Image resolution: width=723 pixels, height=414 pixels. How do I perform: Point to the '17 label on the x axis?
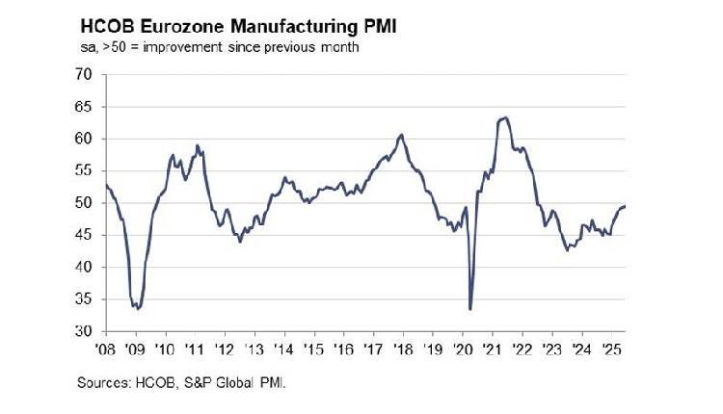[372, 348]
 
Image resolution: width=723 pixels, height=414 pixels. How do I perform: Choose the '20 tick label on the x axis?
[462, 348]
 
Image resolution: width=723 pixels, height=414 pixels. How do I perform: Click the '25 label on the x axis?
[610, 348]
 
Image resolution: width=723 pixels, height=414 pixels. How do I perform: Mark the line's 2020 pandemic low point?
[470, 309]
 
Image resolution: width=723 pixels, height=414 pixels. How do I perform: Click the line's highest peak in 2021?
[506, 117]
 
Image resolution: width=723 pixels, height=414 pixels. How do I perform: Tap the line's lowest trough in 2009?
[139, 309]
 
